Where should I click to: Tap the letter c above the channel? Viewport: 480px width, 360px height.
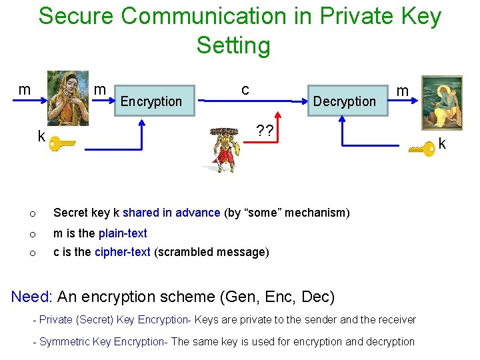click(245, 89)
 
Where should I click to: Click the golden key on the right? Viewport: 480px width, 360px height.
click(422, 148)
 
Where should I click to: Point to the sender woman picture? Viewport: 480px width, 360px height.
click(68, 97)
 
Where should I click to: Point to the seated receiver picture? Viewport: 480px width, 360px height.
click(442, 102)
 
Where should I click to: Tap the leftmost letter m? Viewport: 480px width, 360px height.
click(25, 89)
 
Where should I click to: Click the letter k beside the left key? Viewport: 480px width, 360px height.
click(41, 137)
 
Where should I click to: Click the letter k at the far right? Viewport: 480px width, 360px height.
click(442, 144)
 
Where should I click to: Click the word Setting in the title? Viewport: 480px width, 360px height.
click(233, 45)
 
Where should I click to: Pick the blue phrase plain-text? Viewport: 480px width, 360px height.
click(123, 233)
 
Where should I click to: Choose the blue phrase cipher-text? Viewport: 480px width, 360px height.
click(123, 252)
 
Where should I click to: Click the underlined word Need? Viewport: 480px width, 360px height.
click(30, 296)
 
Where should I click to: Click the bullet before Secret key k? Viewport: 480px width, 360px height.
click(31, 213)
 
